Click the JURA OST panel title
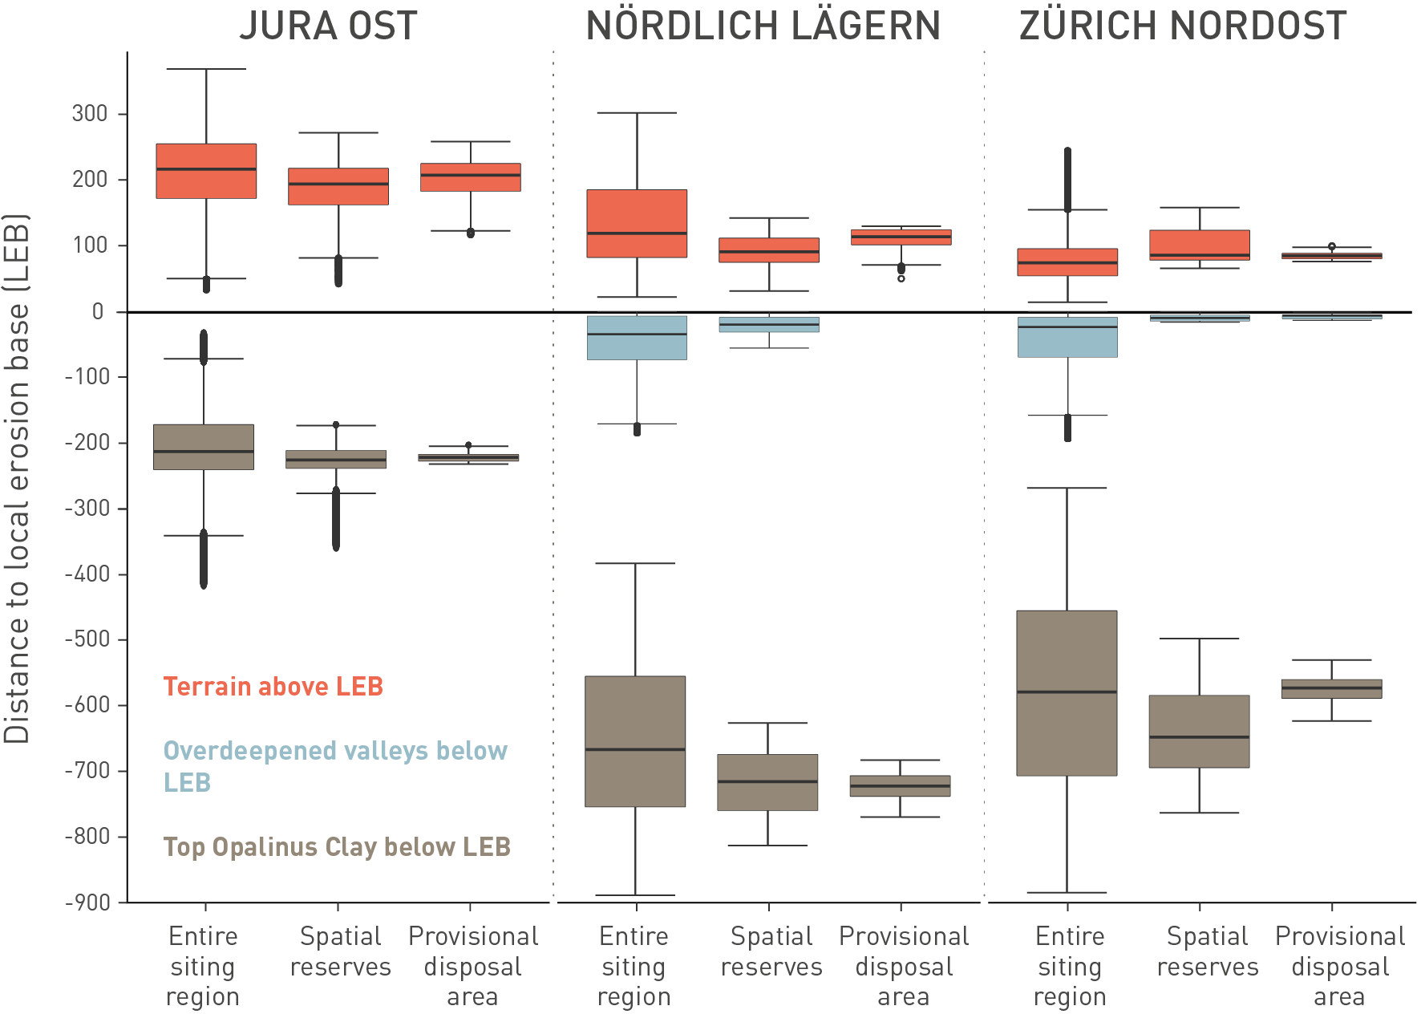328,26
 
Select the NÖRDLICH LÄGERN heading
763,26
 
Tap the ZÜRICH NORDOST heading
1182,26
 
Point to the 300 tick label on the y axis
90,114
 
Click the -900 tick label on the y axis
87,902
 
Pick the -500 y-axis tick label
87,639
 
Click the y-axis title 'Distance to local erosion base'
17,478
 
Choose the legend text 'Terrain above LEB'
273,687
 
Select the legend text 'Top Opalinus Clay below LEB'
337,847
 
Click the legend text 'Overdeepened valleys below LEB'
335,766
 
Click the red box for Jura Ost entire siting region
206,171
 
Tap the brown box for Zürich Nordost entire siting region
1067,693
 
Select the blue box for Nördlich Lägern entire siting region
637,338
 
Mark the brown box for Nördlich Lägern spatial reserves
767,782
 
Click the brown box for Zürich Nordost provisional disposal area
1331,688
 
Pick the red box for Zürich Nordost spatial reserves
1199,245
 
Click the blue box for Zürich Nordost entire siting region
1067,337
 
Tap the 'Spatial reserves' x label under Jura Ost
340,951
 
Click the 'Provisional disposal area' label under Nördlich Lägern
904,966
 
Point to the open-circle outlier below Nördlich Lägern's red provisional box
901,278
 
